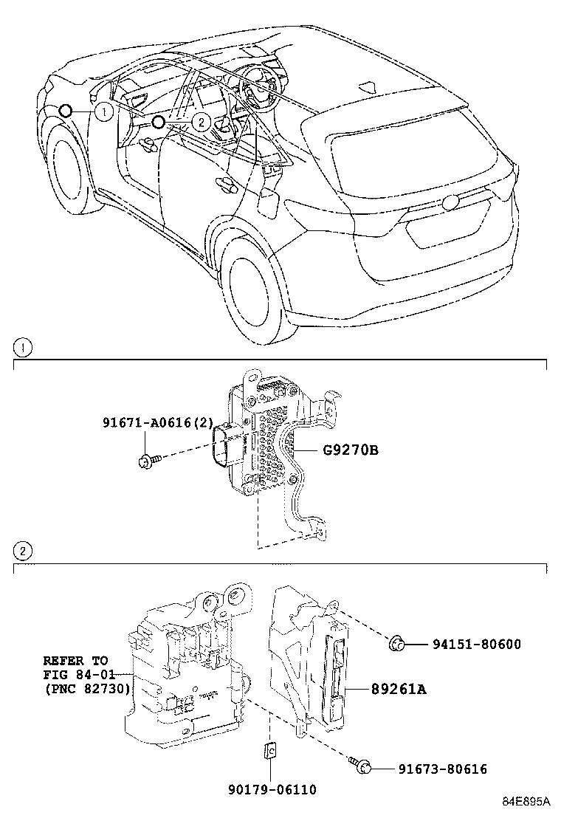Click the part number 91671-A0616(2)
(158, 423)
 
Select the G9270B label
(350, 449)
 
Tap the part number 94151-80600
(476, 645)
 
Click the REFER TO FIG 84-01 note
(86, 675)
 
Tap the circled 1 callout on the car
(105, 111)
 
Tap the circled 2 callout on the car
(200, 121)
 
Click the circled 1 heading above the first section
(24, 346)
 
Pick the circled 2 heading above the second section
(24, 551)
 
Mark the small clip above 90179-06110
(269, 752)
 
